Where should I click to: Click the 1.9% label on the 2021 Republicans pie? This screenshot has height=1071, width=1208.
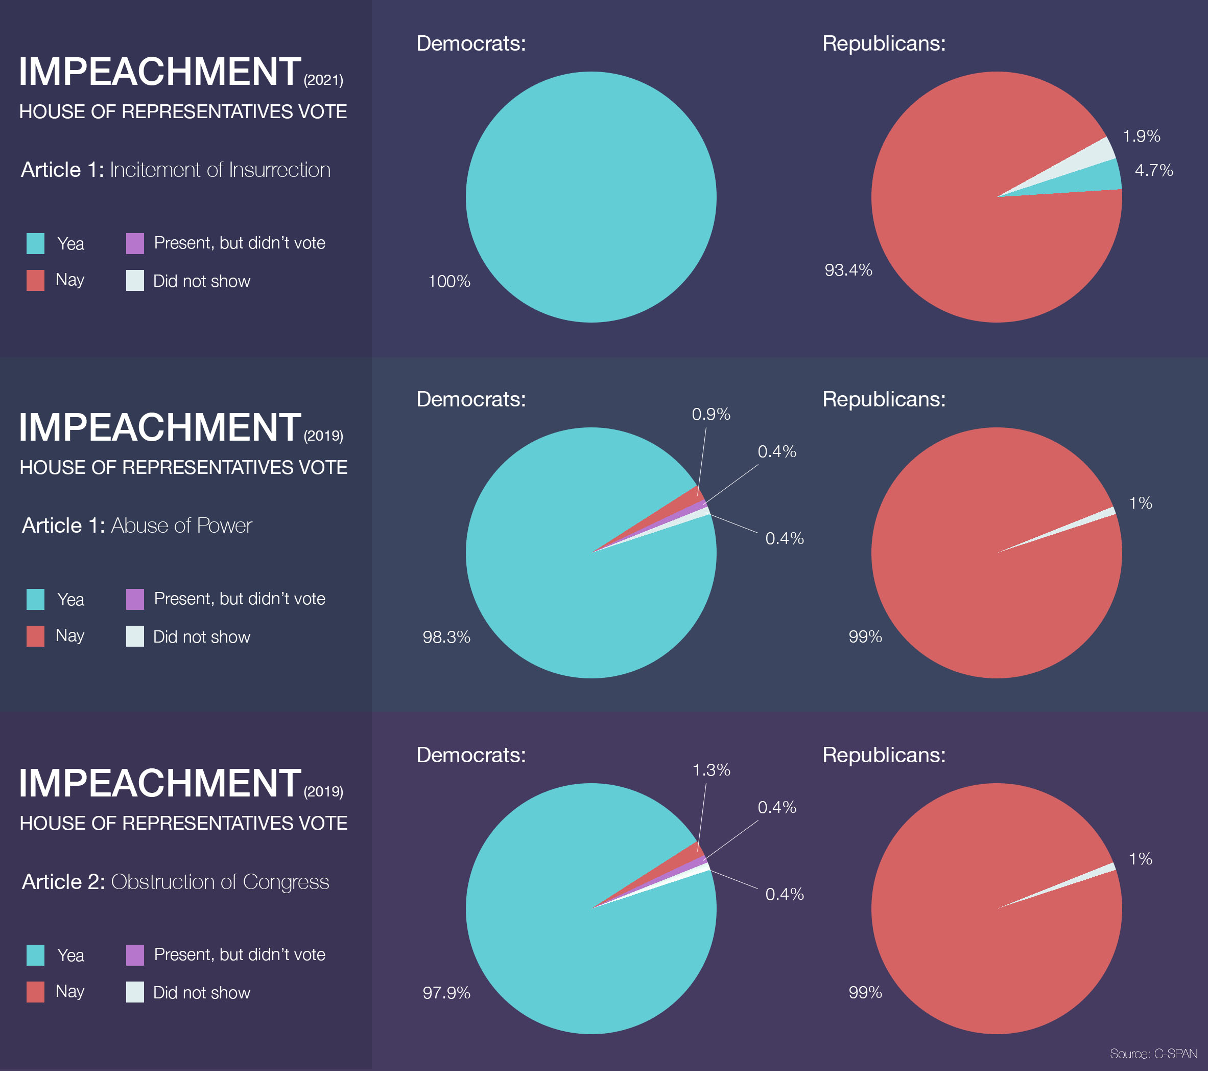(x=1141, y=136)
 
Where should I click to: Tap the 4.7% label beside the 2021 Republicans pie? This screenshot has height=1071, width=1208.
(x=1154, y=170)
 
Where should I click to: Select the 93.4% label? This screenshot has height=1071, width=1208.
(x=848, y=270)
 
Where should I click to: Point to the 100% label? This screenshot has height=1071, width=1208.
(x=449, y=282)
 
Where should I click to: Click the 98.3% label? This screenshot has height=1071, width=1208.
(x=446, y=637)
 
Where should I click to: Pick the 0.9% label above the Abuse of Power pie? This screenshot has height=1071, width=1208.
(x=711, y=414)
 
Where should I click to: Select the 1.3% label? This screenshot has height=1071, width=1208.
(x=711, y=770)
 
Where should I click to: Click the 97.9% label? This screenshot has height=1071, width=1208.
(x=446, y=992)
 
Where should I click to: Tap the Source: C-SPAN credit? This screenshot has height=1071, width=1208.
(x=1153, y=1053)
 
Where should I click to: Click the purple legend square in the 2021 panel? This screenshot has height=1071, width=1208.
(x=135, y=243)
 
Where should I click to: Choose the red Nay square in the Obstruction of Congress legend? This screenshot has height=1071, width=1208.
(x=35, y=992)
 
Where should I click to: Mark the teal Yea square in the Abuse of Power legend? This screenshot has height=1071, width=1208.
(x=35, y=599)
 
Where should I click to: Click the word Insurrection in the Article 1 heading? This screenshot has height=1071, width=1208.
(x=279, y=170)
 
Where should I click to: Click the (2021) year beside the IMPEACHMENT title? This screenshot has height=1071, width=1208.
(x=323, y=80)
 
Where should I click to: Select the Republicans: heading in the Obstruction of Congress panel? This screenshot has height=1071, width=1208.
(x=884, y=755)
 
